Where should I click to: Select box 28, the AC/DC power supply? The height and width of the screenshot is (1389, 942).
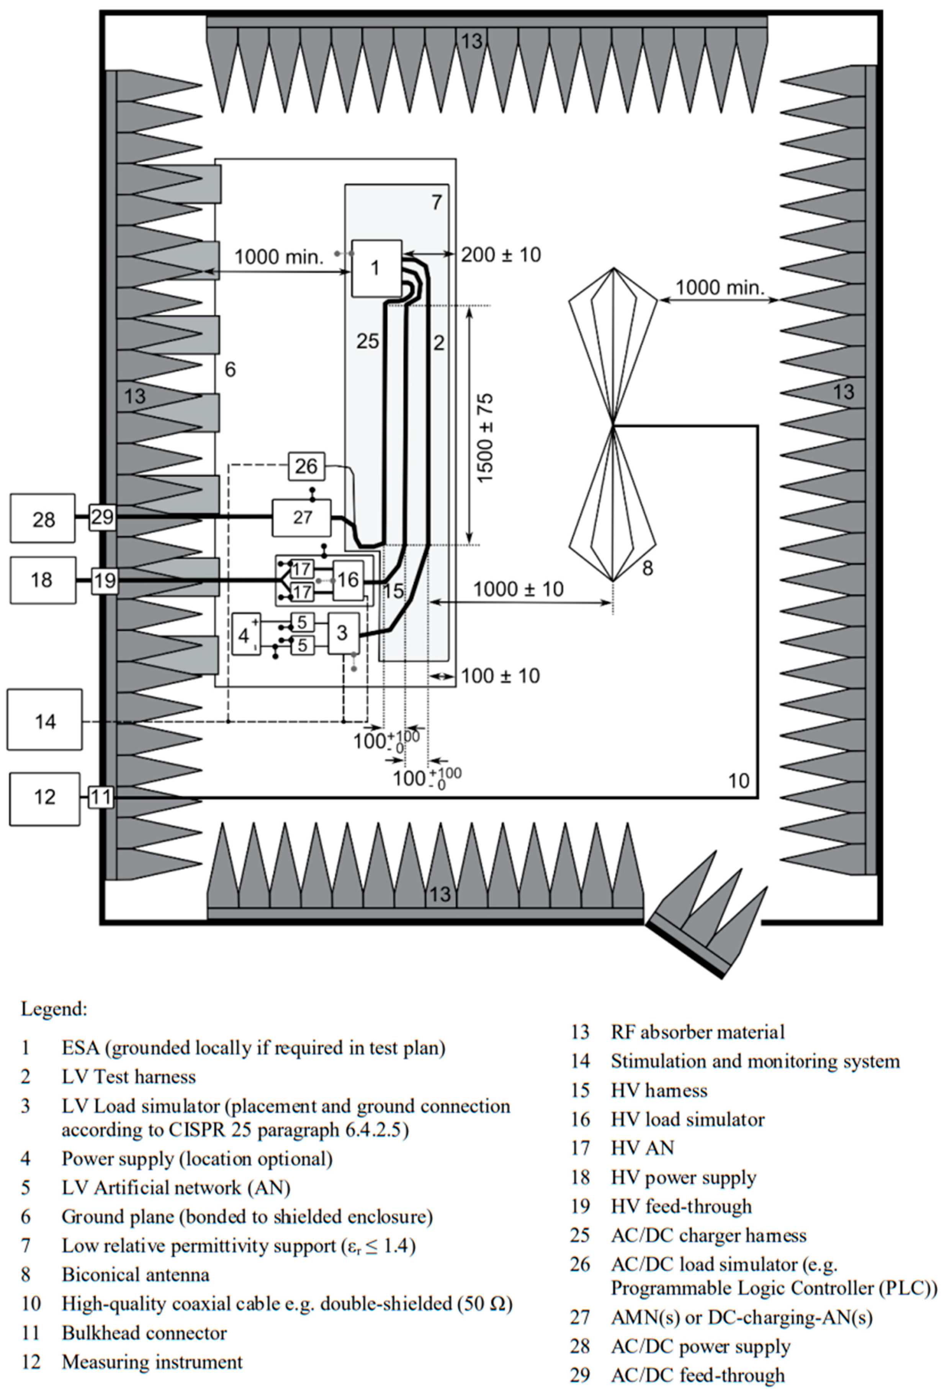pos(43,519)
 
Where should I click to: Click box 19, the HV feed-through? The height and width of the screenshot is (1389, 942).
pos(105,580)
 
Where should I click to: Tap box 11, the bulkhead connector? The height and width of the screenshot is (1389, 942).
pos(101,797)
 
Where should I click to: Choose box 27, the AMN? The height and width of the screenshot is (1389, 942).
pos(302,518)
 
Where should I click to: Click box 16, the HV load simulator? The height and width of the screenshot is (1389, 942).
pos(348,580)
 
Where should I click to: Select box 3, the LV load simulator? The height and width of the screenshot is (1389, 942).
pos(343,633)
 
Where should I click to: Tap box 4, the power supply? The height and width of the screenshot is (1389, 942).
pos(245,634)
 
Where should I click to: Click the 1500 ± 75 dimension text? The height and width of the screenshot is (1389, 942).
pos(485,438)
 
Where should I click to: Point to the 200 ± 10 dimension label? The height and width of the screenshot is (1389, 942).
pos(500,255)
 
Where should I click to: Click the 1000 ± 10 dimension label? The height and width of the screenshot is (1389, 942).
pos(518,589)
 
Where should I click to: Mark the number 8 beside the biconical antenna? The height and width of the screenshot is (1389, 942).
pos(647,568)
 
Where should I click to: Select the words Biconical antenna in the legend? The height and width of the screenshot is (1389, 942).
pos(136,1275)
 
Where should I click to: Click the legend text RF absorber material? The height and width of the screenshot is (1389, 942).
pos(697,1032)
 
